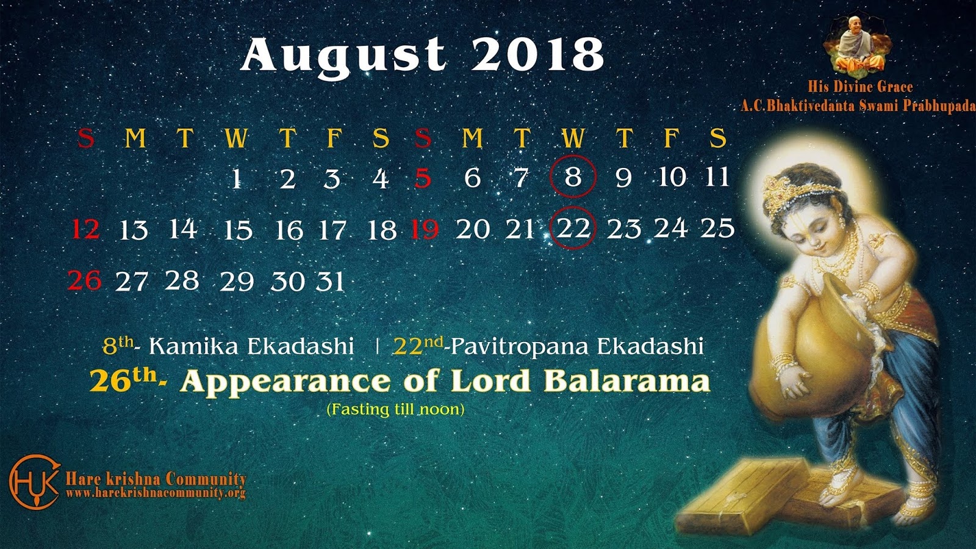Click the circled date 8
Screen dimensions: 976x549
click(x=573, y=176)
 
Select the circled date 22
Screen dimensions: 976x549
click(x=573, y=228)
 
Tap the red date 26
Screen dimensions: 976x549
click(x=85, y=280)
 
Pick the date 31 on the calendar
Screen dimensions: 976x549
click(x=330, y=282)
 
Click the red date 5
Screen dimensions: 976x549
click(x=423, y=178)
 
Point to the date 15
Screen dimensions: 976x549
click(x=238, y=230)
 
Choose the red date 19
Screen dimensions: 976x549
click(x=425, y=230)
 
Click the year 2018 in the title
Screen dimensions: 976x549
click(x=537, y=54)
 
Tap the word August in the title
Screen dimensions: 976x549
click(x=343, y=57)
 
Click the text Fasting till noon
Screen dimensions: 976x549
click(x=396, y=410)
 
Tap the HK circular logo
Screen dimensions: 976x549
click(x=35, y=482)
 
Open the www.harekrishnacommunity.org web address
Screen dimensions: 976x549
click(x=156, y=493)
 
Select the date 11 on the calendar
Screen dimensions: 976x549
click(x=717, y=176)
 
